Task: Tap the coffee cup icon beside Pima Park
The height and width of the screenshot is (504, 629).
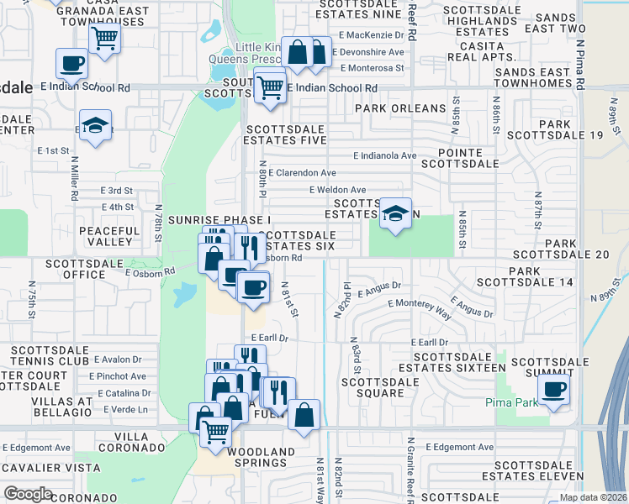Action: [x=554, y=390]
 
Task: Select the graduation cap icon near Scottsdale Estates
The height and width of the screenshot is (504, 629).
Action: [x=394, y=213]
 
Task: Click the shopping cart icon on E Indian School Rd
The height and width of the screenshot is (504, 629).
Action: [x=269, y=86]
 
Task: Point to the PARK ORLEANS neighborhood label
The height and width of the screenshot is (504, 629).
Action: [x=400, y=108]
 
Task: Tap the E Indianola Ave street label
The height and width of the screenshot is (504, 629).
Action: [x=384, y=156]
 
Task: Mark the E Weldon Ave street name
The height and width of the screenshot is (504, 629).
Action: [x=338, y=190]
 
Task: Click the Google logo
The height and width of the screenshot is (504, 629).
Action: [x=28, y=494]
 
